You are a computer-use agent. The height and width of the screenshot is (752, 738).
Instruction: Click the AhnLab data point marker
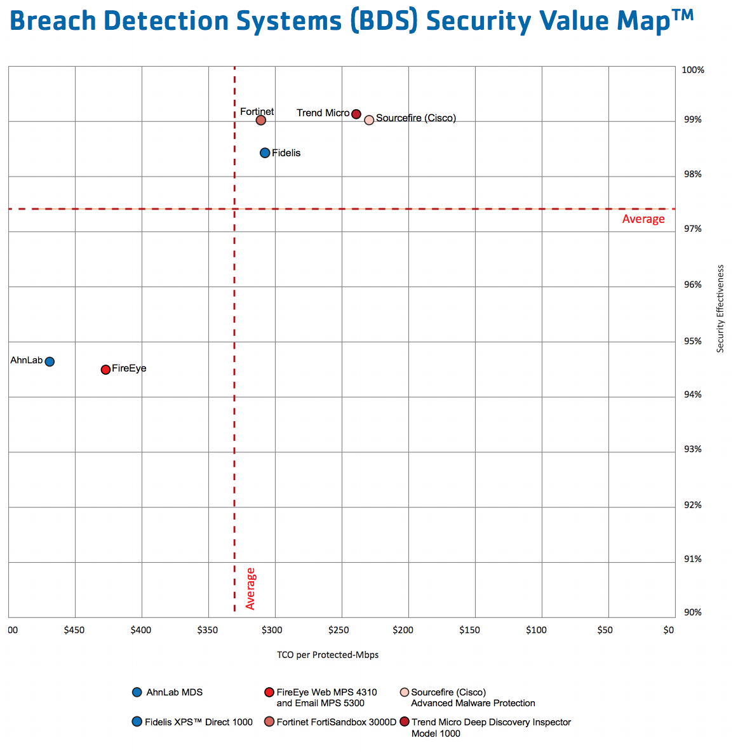[50, 361]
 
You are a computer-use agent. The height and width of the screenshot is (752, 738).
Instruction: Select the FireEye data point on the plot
[105, 370]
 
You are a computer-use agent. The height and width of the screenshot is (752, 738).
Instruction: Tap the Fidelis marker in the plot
[265, 153]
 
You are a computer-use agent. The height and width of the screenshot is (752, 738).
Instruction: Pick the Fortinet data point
[260, 120]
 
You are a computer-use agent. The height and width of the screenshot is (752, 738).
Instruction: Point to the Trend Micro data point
[356, 114]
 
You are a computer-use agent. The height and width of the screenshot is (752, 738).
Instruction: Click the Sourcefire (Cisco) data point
[369, 120]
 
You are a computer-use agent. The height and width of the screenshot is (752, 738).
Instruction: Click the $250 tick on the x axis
[339, 630]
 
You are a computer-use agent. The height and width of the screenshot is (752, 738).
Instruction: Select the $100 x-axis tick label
[536, 630]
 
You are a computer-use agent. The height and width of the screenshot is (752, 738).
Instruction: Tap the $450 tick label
[74, 630]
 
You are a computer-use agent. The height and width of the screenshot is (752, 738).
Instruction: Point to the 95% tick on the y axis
[693, 341]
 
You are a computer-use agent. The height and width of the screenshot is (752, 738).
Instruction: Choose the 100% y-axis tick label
[693, 70]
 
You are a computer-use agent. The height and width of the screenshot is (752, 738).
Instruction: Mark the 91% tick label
[693, 559]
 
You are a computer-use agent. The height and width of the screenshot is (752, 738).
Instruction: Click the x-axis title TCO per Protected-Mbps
[328, 655]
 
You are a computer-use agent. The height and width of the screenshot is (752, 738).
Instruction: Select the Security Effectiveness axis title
[720, 309]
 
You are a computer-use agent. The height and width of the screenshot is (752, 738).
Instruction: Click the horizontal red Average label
[643, 219]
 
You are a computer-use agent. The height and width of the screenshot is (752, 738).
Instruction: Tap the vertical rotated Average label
[250, 589]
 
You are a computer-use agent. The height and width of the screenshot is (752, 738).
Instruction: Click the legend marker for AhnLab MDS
[137, 692]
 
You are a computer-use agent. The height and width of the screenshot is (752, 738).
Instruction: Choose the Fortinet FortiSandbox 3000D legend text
[337, 722]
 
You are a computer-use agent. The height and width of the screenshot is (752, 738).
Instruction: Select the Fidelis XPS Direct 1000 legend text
[199, 722]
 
